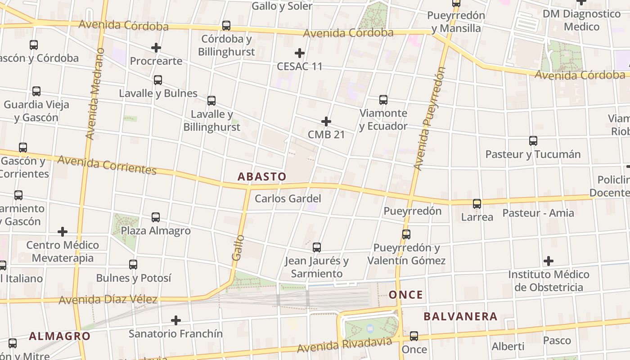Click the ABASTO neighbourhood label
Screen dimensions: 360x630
click(x=261, y=176)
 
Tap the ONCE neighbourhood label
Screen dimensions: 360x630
click(x=406, y=295)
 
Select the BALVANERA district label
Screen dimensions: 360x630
click(x=460, y=316)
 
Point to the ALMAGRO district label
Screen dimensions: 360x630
click(x=60, y=336)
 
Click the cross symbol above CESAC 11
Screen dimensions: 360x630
click(x=299, y=53)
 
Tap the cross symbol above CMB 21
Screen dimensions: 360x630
click(x=326, y=121)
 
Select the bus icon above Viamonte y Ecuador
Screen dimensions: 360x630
click(x=383, y=100)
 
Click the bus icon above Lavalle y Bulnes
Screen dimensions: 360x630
click(x=158, y=80)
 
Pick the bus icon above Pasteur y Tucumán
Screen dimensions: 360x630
click(x=533, y=141)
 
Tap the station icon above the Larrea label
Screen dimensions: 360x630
click(x=477, y=204)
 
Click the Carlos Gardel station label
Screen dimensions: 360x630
click(x=288, y=198)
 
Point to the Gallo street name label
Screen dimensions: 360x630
click(x=238, y=247)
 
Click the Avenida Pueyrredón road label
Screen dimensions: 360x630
click(x=429, y=119)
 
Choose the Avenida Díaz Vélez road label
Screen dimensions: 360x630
click(x=108, y=299)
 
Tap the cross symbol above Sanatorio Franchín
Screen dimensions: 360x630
click(x=176, y=320)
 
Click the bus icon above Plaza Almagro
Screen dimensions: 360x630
click(x=156, y=217)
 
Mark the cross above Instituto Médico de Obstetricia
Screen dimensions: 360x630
click(x=548, y=261)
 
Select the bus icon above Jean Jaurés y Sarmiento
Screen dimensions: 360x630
click(x=317, y=247)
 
